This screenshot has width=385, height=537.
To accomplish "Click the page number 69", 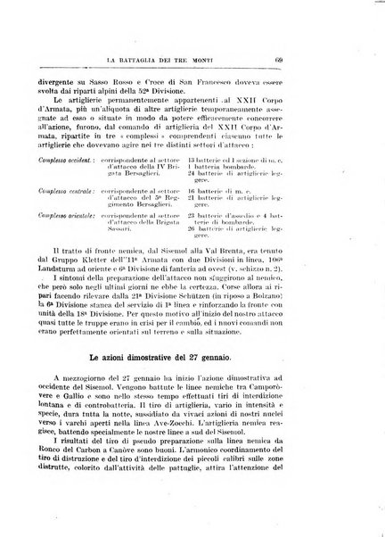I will pyautogui.click(x=329, y=61).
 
